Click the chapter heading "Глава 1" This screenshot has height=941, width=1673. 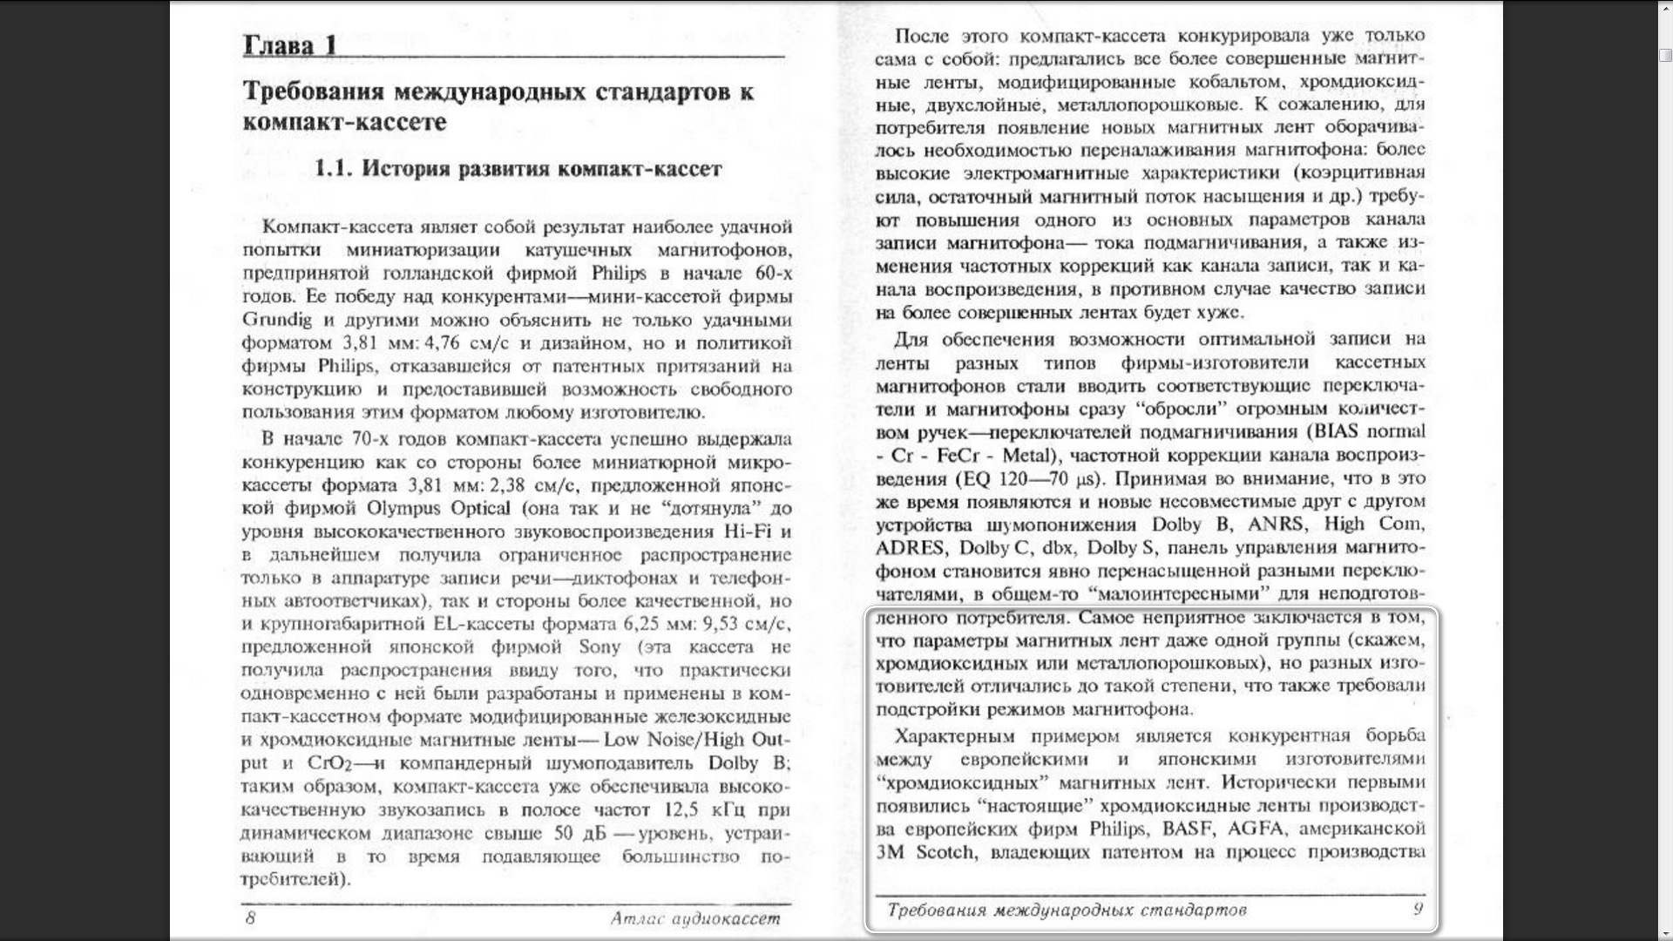(289, 46)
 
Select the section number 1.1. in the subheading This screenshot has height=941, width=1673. (334, 169)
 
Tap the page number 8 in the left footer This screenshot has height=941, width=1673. (251, 917)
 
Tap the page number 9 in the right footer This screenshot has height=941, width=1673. (1418, 910)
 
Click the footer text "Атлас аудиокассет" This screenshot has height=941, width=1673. (694, 918)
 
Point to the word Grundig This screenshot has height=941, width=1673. (276, 320)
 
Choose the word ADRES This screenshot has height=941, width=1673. (910, 548)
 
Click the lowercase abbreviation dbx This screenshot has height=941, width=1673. (1058, 548)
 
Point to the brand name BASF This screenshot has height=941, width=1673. (1188, 829)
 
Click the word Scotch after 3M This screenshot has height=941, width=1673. (945, 852)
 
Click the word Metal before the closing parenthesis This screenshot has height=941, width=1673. (1026, 456)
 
